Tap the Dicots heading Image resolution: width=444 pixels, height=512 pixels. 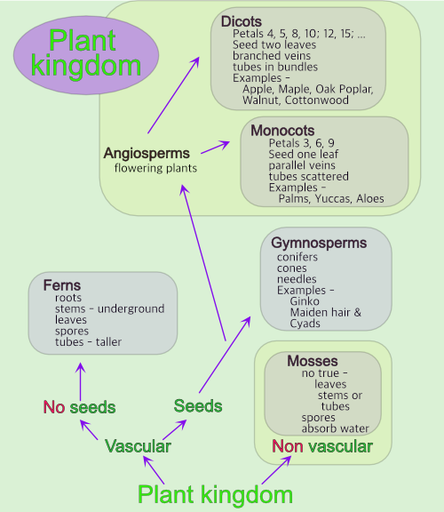[x=242, y=20]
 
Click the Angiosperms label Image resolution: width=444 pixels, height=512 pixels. [x=147, y=153]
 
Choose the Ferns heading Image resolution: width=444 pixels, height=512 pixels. [x=61, y=285]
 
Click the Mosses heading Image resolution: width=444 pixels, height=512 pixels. [x=313, y=361]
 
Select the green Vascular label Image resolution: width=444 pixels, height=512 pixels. [x=138, y=446]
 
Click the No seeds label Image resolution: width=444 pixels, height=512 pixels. [x=79, y=407]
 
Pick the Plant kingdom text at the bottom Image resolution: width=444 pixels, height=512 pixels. [x=215, y=493]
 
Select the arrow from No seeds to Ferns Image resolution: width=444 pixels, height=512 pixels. [x=80, y=380]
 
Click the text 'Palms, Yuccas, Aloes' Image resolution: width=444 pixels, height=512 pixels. [x=331, y=198]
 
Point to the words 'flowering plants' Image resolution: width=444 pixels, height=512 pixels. [x=155, y=167]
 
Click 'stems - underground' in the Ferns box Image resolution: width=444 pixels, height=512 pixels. [x=109, y=308]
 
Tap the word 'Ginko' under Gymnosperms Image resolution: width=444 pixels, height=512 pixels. [x=305, y=302]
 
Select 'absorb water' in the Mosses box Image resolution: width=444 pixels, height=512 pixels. [x=335, y=428]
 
